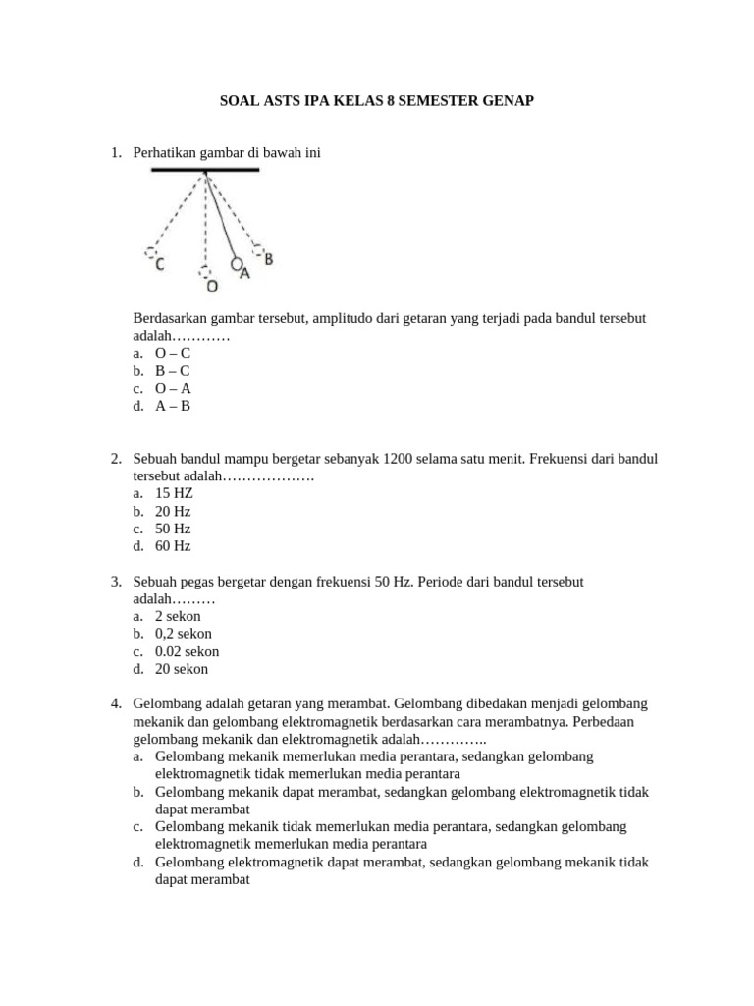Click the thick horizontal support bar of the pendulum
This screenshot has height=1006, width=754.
coord(204,170)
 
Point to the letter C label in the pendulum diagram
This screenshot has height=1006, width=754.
coord(159,264)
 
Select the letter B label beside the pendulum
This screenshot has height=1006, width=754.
coord(268,259)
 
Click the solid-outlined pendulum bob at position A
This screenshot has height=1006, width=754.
coord(236,264)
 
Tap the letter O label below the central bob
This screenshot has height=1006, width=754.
coord(210,286)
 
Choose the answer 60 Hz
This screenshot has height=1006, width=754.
coord(173,546)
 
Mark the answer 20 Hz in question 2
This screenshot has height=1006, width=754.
coord(173,511)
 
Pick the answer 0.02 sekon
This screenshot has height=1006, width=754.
coord(187,651)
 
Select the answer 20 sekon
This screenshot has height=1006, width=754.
coord(182,669)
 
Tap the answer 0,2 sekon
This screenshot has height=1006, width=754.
coord(183,634)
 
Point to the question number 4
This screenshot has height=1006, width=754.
coord(116,704)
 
